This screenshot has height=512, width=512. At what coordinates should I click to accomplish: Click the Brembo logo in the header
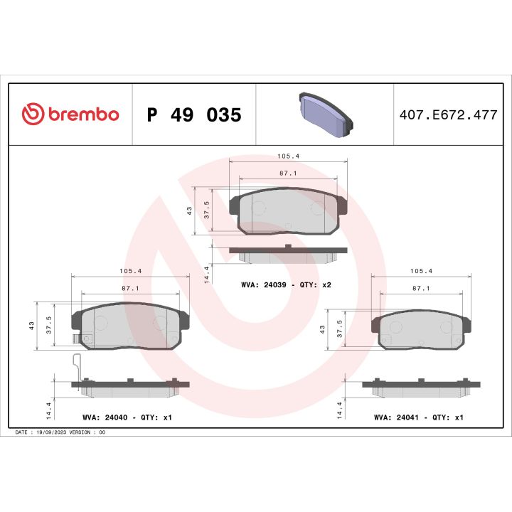tap(70, 114)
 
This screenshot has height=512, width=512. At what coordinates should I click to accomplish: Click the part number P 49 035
tap(194, 114)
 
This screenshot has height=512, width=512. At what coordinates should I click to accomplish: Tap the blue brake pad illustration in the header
tap(324, 114)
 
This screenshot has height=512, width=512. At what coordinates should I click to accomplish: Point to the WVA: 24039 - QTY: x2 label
tap(287, 284)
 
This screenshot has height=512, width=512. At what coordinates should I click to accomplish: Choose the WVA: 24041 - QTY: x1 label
tap(418, 417)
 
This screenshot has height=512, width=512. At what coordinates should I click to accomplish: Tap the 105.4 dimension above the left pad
tap(129, 271)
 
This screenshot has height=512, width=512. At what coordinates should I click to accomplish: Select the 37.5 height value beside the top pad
tap(206, 210)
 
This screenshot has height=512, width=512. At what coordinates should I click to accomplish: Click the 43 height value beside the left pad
tap(31, 326)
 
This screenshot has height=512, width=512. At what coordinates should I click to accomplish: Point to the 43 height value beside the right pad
tap(322, 330)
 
